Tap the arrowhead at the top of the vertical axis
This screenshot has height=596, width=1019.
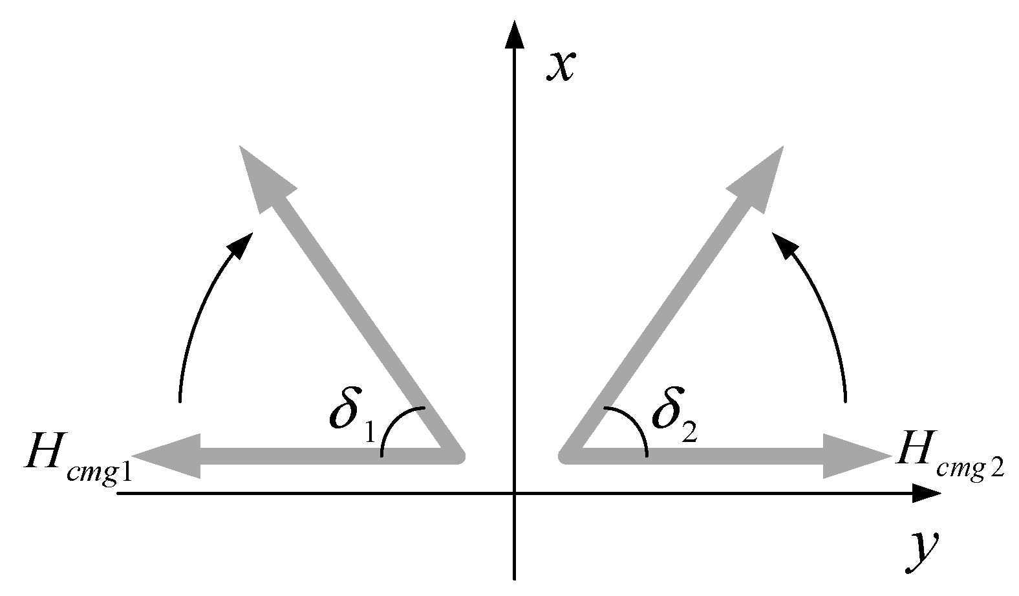[x=514, y=36]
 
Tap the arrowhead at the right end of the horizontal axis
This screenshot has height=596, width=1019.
[x=926, y=494]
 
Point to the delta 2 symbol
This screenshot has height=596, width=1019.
[x=665, y=411]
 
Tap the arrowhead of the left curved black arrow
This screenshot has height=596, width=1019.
[x=243, y=245]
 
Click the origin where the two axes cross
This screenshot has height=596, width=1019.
[x=514, y=494]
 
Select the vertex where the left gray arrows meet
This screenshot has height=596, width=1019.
[x=456, y=456]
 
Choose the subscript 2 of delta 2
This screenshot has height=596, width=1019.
[x=689, y=432]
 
